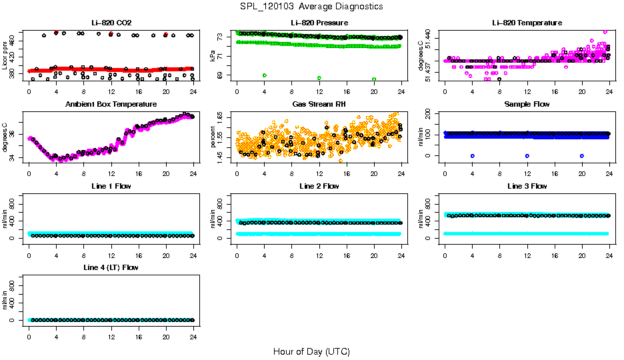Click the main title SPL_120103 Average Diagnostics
point(312,6)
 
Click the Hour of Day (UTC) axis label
point(311,351)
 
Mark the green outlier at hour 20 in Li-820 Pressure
point(374,79)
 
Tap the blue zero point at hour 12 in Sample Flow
point(527,155)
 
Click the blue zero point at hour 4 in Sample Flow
point(473,155)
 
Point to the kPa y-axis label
point(213,56)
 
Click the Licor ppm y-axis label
point(5,56)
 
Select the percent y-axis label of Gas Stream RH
point(213,137)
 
